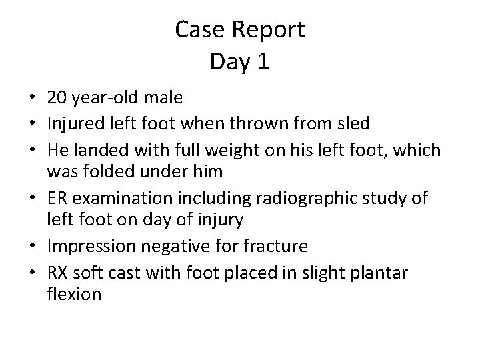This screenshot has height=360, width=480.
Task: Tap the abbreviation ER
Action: [x=57, y=197]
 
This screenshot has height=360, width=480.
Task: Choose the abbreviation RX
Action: [x=58, y=270]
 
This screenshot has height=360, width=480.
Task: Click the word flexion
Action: [x=75, y=293]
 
